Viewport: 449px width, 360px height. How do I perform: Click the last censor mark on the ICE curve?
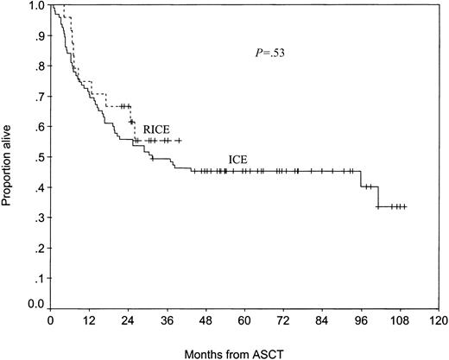[404, 206]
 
